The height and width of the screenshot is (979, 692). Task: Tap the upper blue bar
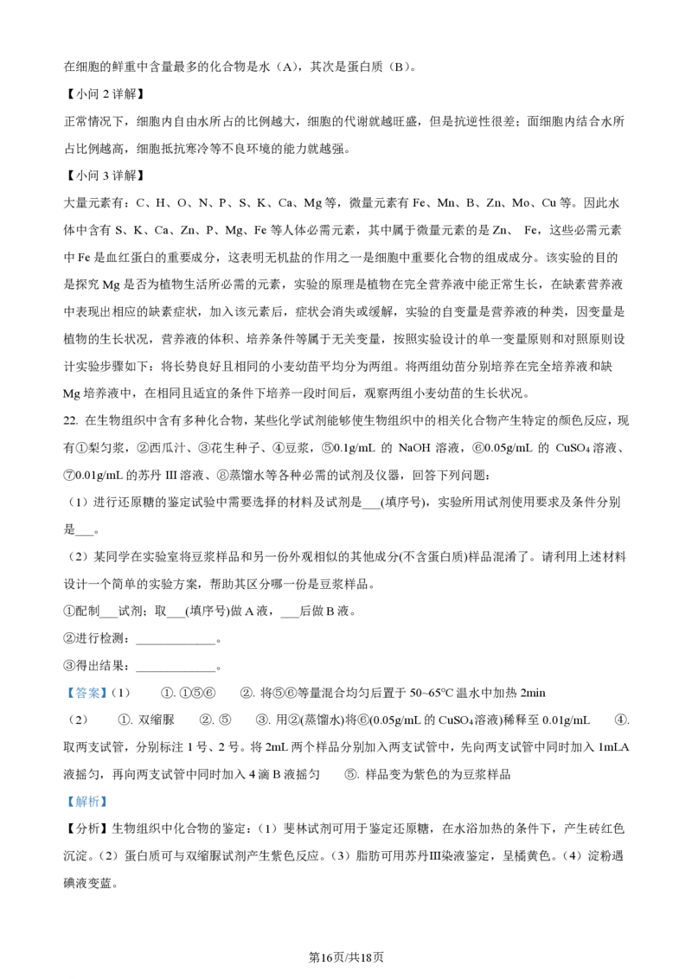pos(86,692)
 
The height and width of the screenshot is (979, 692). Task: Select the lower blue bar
pos(86,803)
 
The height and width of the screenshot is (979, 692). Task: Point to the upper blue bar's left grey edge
pos(64,692)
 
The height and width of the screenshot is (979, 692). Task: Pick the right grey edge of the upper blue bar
pos(109,692)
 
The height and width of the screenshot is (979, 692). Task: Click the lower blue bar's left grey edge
pos(64,803)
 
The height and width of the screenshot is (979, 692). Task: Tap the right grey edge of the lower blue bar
pos(109,803)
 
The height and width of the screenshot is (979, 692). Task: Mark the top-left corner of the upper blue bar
pos(63,686)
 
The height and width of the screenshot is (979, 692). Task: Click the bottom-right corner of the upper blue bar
pos(110,698)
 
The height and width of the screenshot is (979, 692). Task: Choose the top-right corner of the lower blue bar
pos(110,797)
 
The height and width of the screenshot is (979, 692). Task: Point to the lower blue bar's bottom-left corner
pos(63,809)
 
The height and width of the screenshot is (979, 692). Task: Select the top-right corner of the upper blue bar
pos(110,686)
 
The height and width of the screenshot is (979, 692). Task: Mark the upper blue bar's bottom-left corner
pos(63,698)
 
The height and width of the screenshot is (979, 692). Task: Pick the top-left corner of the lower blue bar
pos(63,797)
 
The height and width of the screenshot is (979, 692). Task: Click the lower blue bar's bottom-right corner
pos(110,809)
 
